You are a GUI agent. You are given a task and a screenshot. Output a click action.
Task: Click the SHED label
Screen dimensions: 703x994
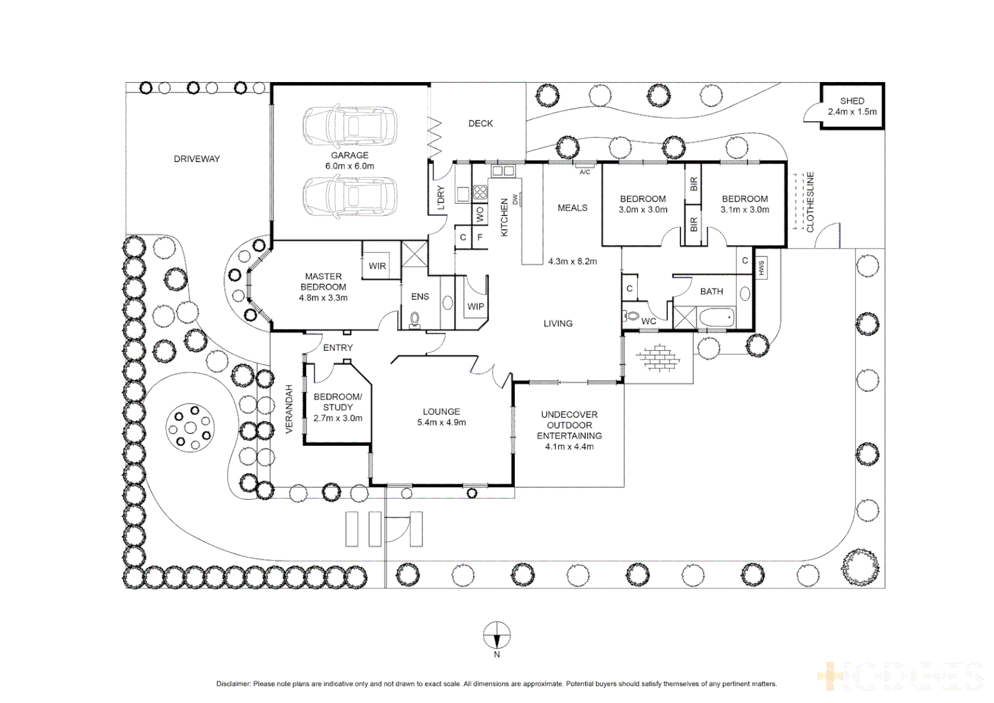click(x=851, y=101)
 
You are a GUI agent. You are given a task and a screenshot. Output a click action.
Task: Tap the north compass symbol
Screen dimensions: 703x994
click(x=497, y=635)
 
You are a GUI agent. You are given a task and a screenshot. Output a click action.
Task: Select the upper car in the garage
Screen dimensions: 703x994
click(x=350, y=126)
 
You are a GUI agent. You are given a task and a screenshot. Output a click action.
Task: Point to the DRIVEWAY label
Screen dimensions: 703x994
click(x=197, y=159)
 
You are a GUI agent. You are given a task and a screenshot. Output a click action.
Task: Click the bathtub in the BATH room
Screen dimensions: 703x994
click(x=717, y=318)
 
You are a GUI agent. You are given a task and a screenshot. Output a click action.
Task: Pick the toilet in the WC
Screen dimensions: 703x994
click(x=631, y=316)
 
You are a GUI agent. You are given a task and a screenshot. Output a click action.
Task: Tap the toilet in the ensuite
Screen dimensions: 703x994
click(x=415, y=319)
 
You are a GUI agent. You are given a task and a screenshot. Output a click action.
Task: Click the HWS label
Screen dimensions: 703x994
click(x=760, y=267)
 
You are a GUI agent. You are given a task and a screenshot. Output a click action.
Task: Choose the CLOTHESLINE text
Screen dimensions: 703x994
click(x=810, y=202)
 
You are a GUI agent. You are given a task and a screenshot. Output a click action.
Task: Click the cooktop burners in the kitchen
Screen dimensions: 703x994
click(x=480, y=192)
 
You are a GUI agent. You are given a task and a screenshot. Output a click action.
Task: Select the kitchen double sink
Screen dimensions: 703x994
click(x=503, y=171)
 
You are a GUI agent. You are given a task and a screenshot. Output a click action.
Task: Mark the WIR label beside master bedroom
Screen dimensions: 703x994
click(x=377, y=266)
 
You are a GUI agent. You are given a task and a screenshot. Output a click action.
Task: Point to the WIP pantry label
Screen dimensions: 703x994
click(x=475, y=307)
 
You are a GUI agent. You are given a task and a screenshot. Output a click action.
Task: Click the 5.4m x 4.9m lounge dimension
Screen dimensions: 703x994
click(x=441, y=422)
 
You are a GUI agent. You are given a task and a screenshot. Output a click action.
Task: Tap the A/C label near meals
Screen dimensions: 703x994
click(x=585, y=172)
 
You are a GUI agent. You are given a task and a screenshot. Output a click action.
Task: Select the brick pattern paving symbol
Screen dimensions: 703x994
click(x=658, y=357)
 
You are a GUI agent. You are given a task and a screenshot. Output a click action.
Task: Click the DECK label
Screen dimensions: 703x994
click(x=480, y=123)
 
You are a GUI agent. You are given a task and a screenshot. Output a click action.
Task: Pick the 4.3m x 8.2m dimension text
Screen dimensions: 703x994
click(x=572, y=262)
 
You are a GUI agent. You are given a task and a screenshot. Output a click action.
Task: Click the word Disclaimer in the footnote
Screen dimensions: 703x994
click(x=233, y=684)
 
